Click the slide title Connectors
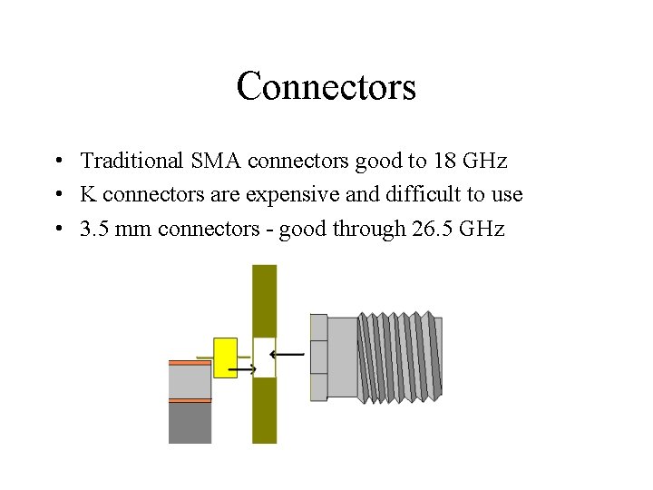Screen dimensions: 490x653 click(326, 87)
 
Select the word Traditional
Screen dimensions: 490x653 click(131, 162)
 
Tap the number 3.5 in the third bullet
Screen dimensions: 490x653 click(94, 229)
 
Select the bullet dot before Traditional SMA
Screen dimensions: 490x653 click(57, 162)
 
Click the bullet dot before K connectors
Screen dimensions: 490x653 click(57, 196)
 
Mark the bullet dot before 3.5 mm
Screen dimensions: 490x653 click(57, 230)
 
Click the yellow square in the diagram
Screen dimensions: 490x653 click(225, 358)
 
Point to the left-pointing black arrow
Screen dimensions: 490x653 click(288, 354)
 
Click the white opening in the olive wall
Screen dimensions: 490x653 click(264, 358)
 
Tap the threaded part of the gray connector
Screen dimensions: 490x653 click(399, 357)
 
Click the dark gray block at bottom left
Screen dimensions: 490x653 click(190, 422)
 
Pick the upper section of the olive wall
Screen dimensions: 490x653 click(264, 299)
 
